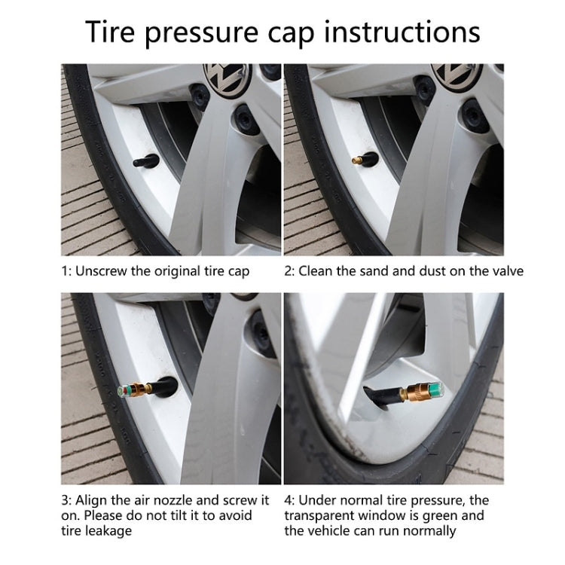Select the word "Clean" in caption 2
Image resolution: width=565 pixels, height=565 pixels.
tap(316, 270)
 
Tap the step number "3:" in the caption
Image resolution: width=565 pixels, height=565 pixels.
tap(67, 499)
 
